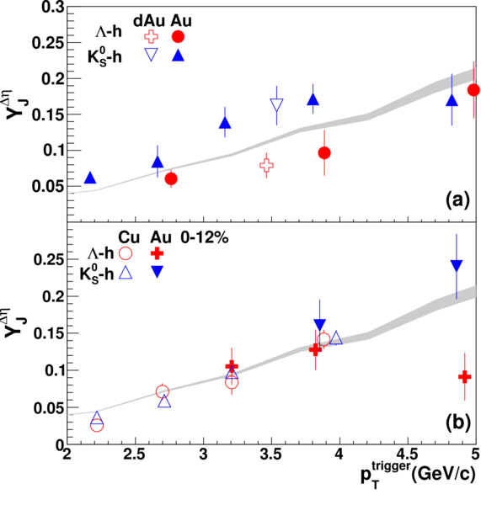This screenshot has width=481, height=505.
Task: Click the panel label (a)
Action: pos(457,200)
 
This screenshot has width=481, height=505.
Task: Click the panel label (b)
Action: pos(457,423)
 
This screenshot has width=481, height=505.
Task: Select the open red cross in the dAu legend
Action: pos(151,37)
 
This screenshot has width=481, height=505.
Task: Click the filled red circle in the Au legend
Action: pos(178,37)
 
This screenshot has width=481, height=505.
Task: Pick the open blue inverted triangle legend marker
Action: pos(151,55)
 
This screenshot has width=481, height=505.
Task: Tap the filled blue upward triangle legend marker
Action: pos(178,56)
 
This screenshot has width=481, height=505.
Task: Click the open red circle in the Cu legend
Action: pos(126,253)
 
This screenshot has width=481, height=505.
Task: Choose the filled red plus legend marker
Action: pos(157,254)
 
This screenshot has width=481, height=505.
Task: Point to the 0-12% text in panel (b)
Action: pos(205,238)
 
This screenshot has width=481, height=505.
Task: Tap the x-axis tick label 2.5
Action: pos(136,455)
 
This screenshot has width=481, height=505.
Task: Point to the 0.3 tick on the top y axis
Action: pos(52,7)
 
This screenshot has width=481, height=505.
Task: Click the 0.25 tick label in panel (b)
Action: pos(49,259)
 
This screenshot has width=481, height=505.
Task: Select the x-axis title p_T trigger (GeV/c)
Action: pos(418,475)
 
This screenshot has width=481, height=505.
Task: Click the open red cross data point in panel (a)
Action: pos(266,166)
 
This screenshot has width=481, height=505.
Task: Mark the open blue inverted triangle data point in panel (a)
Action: pos(276,104)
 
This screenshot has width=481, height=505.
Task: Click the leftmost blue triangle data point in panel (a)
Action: pos(90,178)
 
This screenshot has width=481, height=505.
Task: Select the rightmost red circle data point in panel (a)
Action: pos(473,90)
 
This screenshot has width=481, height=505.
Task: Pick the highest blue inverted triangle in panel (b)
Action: pos(457,265)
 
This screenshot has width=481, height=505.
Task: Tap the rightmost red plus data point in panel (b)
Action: pos(464,376)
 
